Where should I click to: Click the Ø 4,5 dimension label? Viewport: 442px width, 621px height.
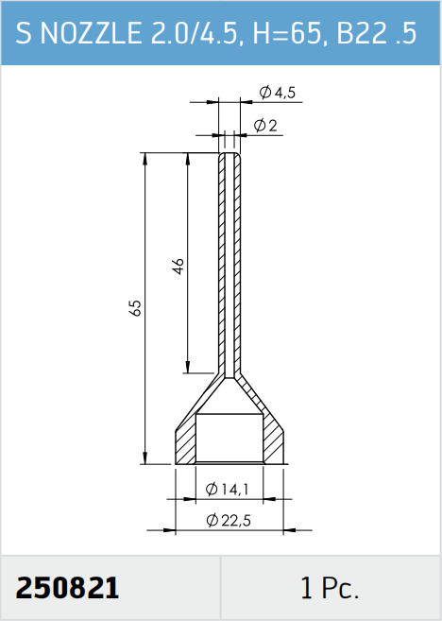coord(278,93)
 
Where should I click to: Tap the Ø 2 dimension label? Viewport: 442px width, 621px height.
coord(265,126)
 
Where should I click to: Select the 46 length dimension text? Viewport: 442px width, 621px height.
coord(178,267)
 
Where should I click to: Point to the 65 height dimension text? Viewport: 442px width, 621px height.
coord(135,308)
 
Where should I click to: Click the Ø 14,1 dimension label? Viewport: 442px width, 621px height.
coord(227,490)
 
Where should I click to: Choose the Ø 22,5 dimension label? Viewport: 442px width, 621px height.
coord(229,520)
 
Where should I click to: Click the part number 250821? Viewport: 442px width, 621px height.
coord(67,588)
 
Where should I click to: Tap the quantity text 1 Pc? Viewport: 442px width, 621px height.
coord(330,588)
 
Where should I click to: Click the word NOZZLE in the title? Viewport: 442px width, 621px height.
coord(91,32)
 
